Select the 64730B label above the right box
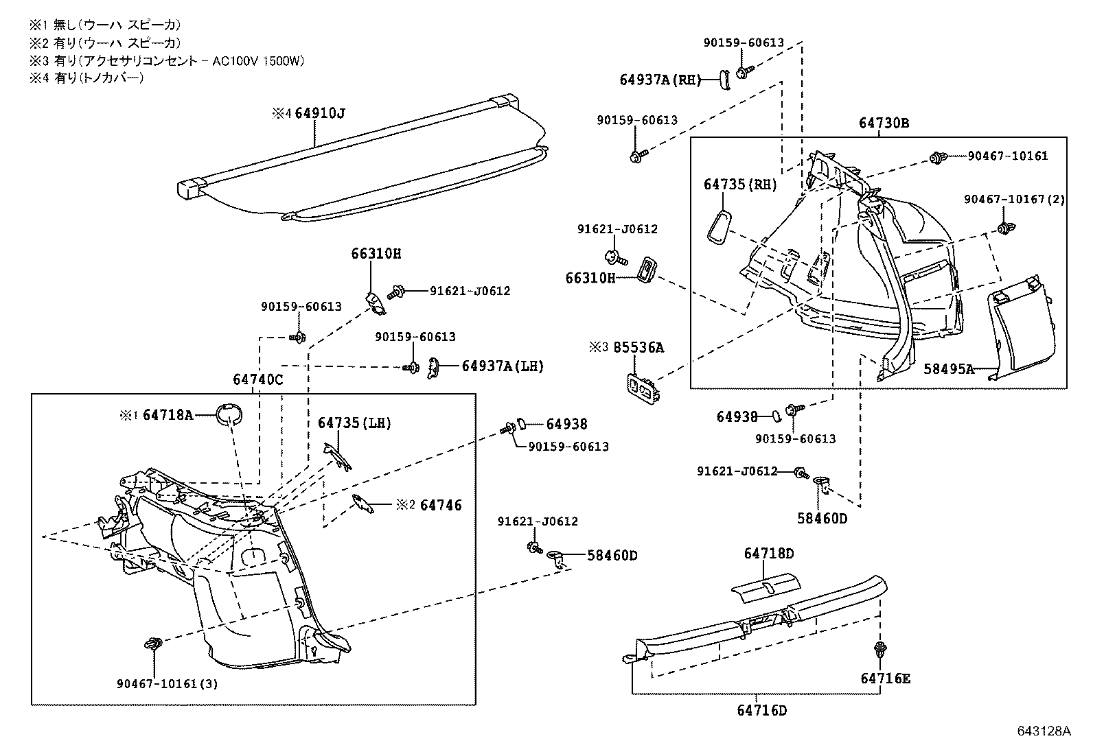point(884,123)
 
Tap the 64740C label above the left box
point(257,379)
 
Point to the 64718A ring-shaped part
point(229,414)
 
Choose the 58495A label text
point(948,369)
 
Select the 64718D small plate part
point(766,583)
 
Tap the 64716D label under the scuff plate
point(761,710)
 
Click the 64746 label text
point(441,505)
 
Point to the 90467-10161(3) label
point(167,683)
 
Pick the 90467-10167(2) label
point(1014,199)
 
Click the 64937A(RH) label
point(660,80)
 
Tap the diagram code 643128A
point(1044,731)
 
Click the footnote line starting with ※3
point(166,60)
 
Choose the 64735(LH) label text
point(354,423)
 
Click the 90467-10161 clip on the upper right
point(936,158)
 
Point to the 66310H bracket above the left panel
point(375,303)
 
